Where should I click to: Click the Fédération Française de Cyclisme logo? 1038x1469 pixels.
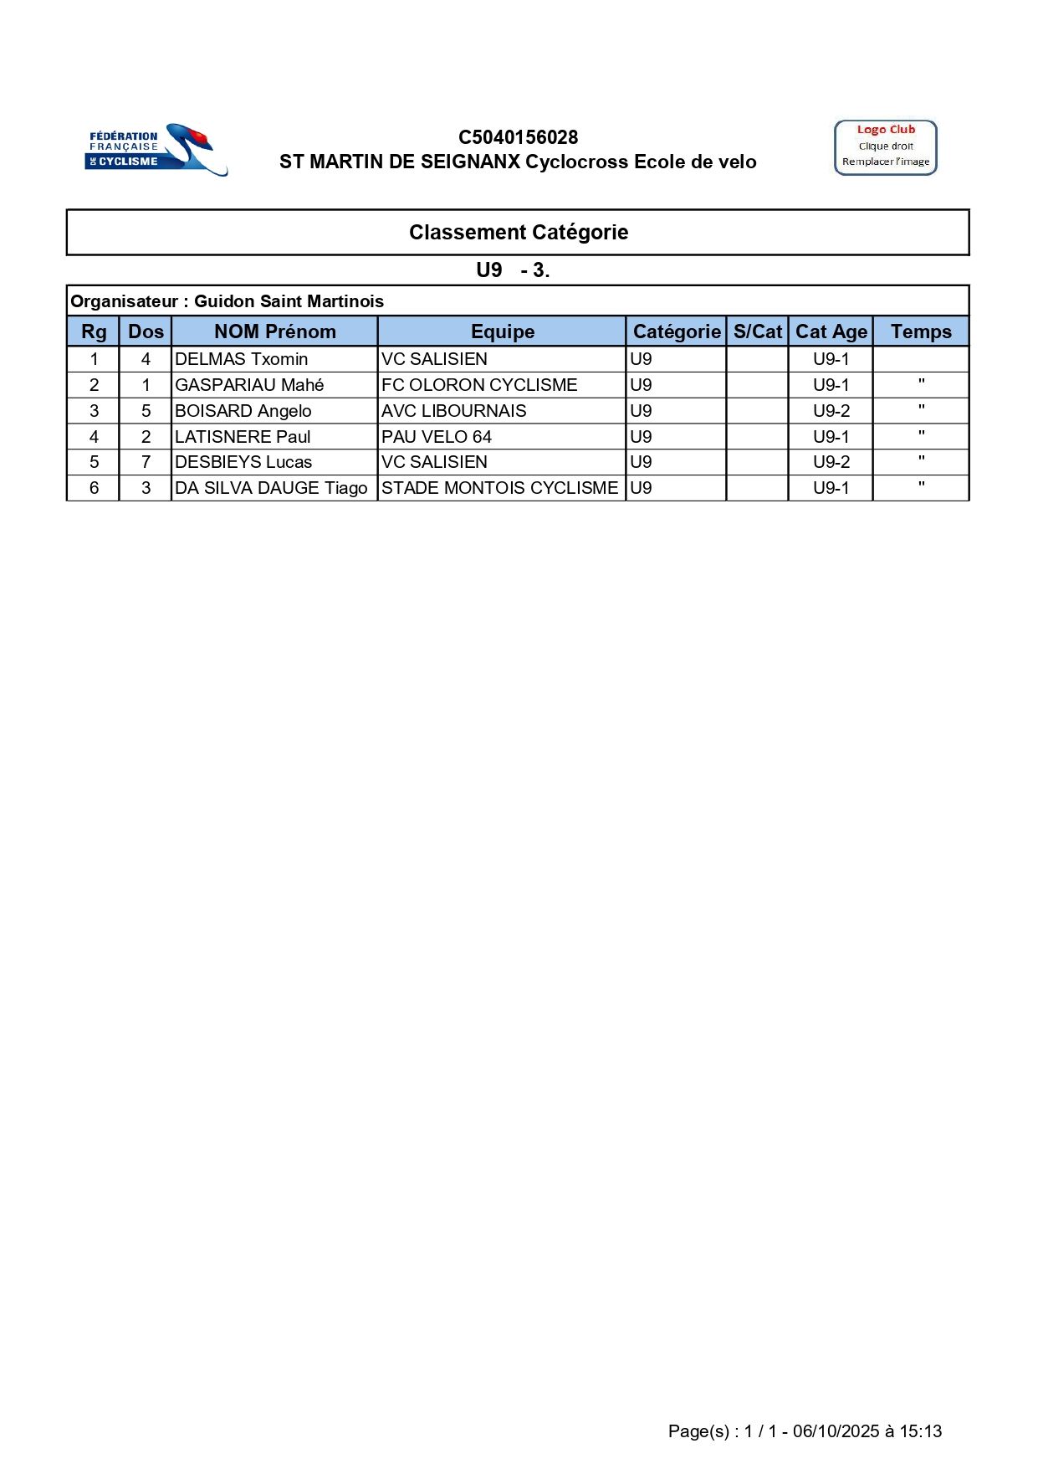[x=156, y=150]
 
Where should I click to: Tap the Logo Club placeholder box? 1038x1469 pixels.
[x=885, y=147]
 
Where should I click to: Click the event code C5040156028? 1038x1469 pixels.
[x=518, y=137]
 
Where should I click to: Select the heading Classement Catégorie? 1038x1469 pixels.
[x=518, y=232]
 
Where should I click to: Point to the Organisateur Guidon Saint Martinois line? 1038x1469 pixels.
[x=228, y=301]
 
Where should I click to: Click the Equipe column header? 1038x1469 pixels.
[x=502, y=331]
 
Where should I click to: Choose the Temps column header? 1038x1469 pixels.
[x=920, y=331]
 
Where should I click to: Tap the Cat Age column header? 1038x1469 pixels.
[x=831, y=331]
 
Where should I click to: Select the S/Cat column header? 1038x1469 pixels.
[x=757, y=331]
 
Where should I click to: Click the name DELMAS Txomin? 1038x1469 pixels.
[x=242, y=359]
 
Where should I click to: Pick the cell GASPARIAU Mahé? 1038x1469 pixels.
[x=249, y=385]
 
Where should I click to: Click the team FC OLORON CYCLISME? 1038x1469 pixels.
[x=479, y=385]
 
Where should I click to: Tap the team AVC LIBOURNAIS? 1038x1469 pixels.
[x=454, y=411]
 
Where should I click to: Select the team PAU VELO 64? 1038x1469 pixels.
[x=437, y=437]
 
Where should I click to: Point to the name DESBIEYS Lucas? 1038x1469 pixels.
[x=243, y=462]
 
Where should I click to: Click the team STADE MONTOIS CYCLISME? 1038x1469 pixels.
[x=499, y=488]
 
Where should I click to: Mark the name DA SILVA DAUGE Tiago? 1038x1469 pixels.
[x=271, y=488]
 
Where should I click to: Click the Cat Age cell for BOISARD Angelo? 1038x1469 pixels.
[x=831, y=411]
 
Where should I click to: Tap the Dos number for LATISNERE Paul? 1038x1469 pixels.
[x=146, y=437]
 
